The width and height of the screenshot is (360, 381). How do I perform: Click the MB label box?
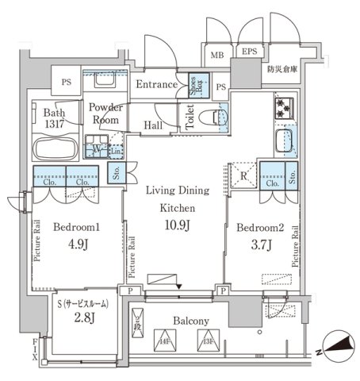tap(216, 56)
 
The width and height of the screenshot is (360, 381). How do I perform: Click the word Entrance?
tap(154, 84)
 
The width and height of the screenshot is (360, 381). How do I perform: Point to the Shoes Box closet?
tap(193, 84)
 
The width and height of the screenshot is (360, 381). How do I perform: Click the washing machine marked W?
tap(99, 147)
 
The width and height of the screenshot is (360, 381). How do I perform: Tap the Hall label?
tap(155, 124)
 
